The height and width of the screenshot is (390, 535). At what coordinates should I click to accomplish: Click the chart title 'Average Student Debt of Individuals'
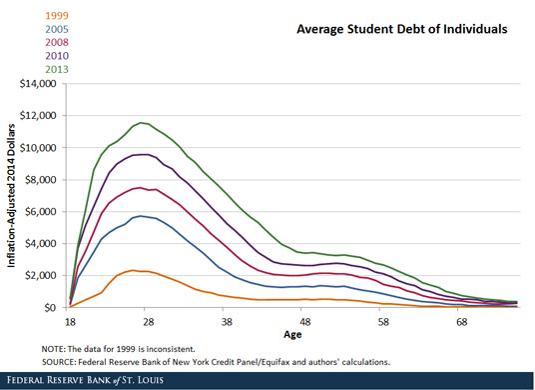pyautogui.click(x=401, y=30)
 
